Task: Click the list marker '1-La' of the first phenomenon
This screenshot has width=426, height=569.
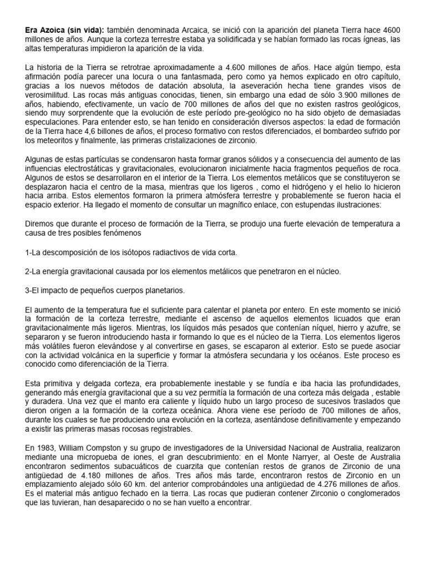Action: pos(33,252)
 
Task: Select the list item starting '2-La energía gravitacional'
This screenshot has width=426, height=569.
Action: pos(183,271)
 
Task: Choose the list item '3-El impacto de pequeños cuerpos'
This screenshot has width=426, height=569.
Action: pos(105,290)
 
